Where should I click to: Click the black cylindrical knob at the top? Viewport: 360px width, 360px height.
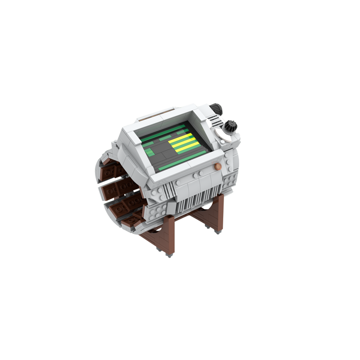pos(216,108)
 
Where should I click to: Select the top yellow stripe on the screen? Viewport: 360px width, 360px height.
pos(180,137)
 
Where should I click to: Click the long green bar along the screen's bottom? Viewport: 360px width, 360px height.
pos(182,161)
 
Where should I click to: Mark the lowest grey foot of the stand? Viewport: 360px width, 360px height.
pos(169,254)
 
